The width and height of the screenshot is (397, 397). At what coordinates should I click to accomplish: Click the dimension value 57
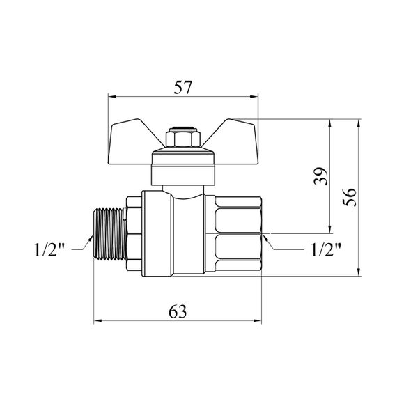[x=183, y=88]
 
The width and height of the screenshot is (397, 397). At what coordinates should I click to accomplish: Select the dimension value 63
[x=178, y=311]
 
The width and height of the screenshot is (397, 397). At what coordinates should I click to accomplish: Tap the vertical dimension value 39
[x=320, y=176]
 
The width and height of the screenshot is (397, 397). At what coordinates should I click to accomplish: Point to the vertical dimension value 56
[x=350, y=197]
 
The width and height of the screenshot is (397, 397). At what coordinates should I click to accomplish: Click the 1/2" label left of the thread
[x=49, y=249]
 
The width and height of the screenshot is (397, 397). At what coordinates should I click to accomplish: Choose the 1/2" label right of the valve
[x=326, y=249]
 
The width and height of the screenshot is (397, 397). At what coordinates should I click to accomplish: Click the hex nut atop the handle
[x=183, y=137]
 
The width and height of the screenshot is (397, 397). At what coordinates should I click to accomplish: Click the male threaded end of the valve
[x=110, y=234]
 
